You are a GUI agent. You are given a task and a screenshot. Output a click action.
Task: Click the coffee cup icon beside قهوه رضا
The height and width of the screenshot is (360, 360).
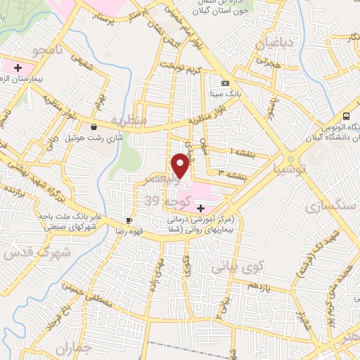click(x=129, y=220)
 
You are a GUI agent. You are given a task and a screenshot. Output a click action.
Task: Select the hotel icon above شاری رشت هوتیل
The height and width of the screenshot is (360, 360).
click(x=94, y=127)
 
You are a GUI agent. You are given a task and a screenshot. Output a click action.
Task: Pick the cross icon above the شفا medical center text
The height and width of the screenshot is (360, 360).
click(x=201, y=208)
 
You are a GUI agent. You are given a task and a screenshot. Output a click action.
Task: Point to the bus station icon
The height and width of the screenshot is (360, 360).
click(x=346, y=116)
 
